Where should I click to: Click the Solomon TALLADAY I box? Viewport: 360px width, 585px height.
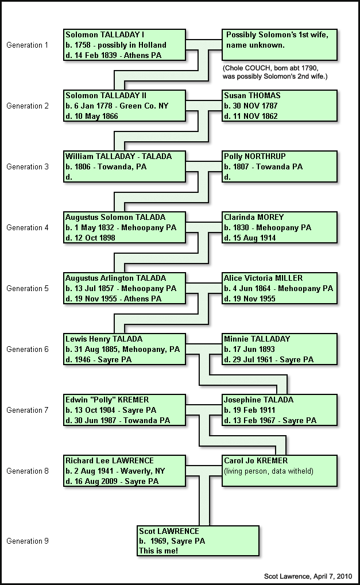click(x=125, y=45)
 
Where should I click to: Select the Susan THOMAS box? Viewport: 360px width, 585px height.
click(x=280, y=106)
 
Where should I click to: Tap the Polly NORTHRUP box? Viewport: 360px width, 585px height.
click(x=280, y=166)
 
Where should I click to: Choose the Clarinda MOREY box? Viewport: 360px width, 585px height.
click(x=280, y=227)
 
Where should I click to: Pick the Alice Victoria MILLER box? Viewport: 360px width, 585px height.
click(x=280, y=288)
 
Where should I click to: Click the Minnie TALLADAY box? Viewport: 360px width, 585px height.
click(x=280, y=349)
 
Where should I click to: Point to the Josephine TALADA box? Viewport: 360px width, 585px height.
click(x=280, y=410)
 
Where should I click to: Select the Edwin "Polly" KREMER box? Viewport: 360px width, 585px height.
click(x=125, y=410)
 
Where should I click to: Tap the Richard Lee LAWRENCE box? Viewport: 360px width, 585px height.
click(x=125, y=471)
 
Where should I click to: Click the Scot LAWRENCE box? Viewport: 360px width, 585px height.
click(x=198, y=541)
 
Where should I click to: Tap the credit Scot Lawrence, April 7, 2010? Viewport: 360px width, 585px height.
click(x=308, y=576)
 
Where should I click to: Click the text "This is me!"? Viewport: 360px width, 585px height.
click(x=158, y=551)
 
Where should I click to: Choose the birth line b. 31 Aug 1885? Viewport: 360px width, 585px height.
click(x=122, y=350)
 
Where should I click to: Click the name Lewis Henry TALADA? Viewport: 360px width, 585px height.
click(x=104, y=339)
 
